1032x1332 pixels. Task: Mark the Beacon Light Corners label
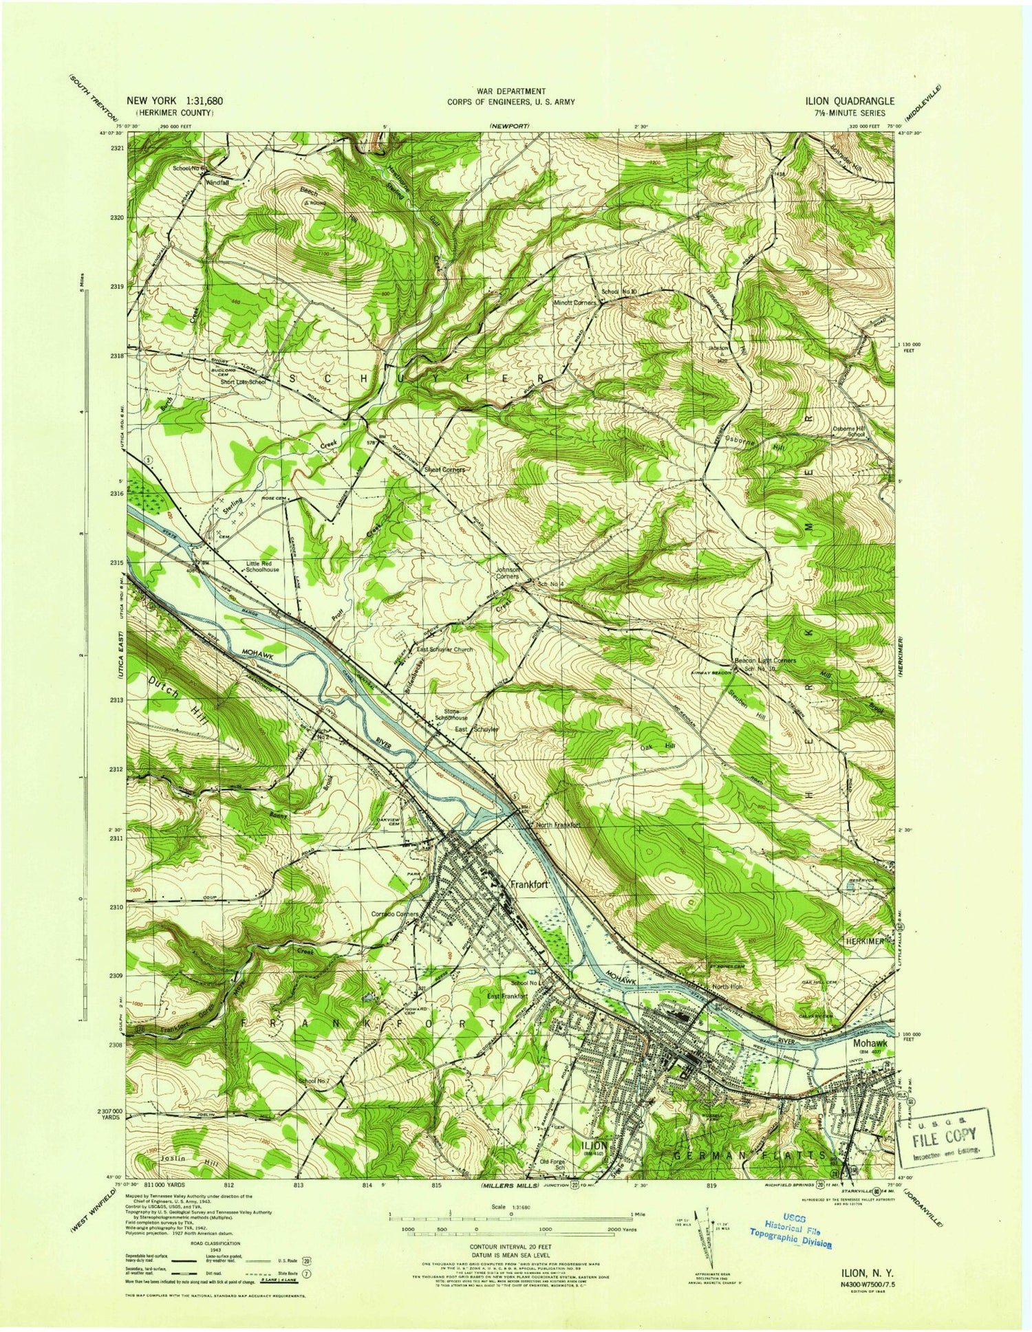765,660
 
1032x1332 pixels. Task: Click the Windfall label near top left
215,184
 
